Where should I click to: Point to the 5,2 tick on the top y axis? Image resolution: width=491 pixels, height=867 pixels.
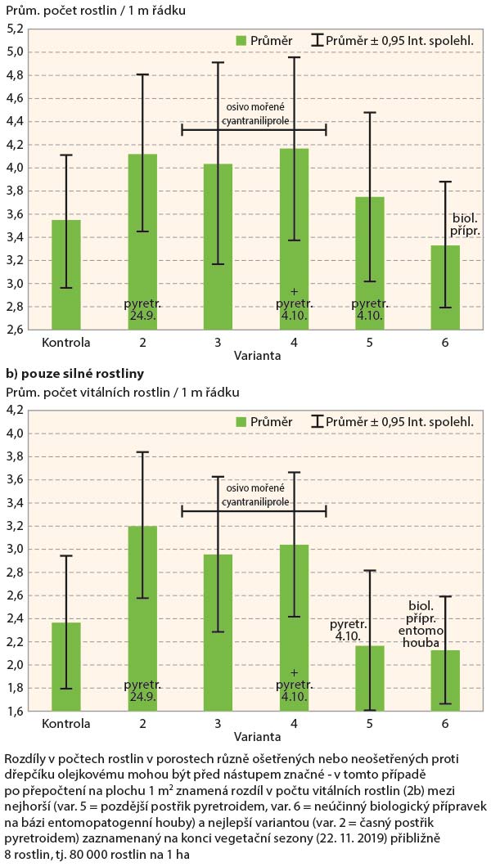(15, 28)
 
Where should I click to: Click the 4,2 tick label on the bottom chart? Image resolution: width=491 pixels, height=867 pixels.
(15, 411)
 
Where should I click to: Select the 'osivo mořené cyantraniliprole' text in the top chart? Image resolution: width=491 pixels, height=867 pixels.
(254, 115)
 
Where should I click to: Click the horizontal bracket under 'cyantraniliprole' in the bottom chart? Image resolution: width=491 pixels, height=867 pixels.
(254, 511)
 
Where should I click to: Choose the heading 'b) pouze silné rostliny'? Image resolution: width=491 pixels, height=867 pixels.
(74, 374)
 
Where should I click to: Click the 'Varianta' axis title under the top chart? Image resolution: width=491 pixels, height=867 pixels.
(253, 355)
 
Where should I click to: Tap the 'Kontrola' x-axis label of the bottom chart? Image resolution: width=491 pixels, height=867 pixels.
(65, 725)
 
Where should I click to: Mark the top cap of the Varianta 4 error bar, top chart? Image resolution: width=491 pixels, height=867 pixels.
(294, 57)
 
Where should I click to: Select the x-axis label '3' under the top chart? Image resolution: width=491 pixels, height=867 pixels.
(218, 341)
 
